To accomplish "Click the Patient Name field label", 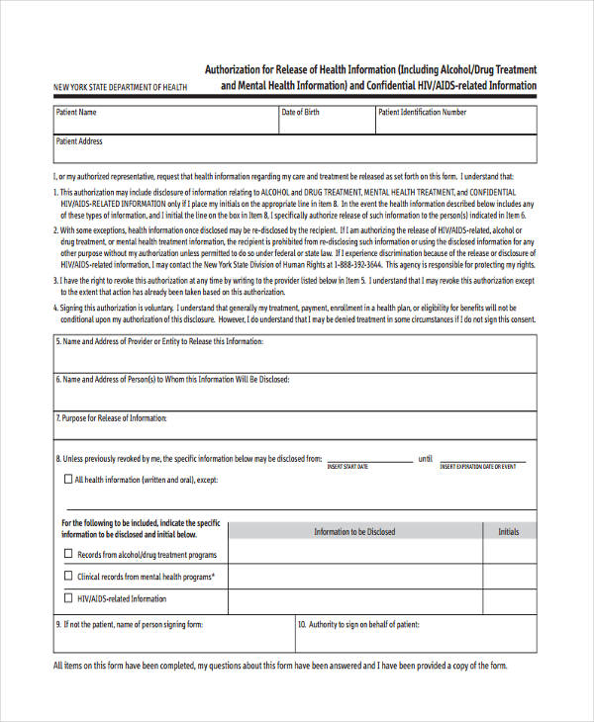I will click(76, 113).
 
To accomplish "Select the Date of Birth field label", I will click(300, 113).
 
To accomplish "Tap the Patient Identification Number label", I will click(422, 113).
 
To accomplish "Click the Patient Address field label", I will click(79, 141).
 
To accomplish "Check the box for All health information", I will click(67, 480).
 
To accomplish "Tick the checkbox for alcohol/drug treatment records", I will click(67, 555).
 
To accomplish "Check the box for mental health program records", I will click(67, 576).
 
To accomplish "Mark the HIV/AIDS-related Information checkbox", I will click(67, 597).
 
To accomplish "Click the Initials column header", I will click(508, 532).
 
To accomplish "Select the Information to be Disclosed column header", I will click(353, 532).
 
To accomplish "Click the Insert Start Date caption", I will click(347, 466).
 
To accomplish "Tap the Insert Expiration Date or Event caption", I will click(478, 466).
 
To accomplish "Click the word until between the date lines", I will click(425, 459).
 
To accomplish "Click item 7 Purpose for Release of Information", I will click(112, 418).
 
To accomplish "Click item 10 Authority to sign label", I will click(358, 625).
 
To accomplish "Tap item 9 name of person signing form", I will click(130, 625).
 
